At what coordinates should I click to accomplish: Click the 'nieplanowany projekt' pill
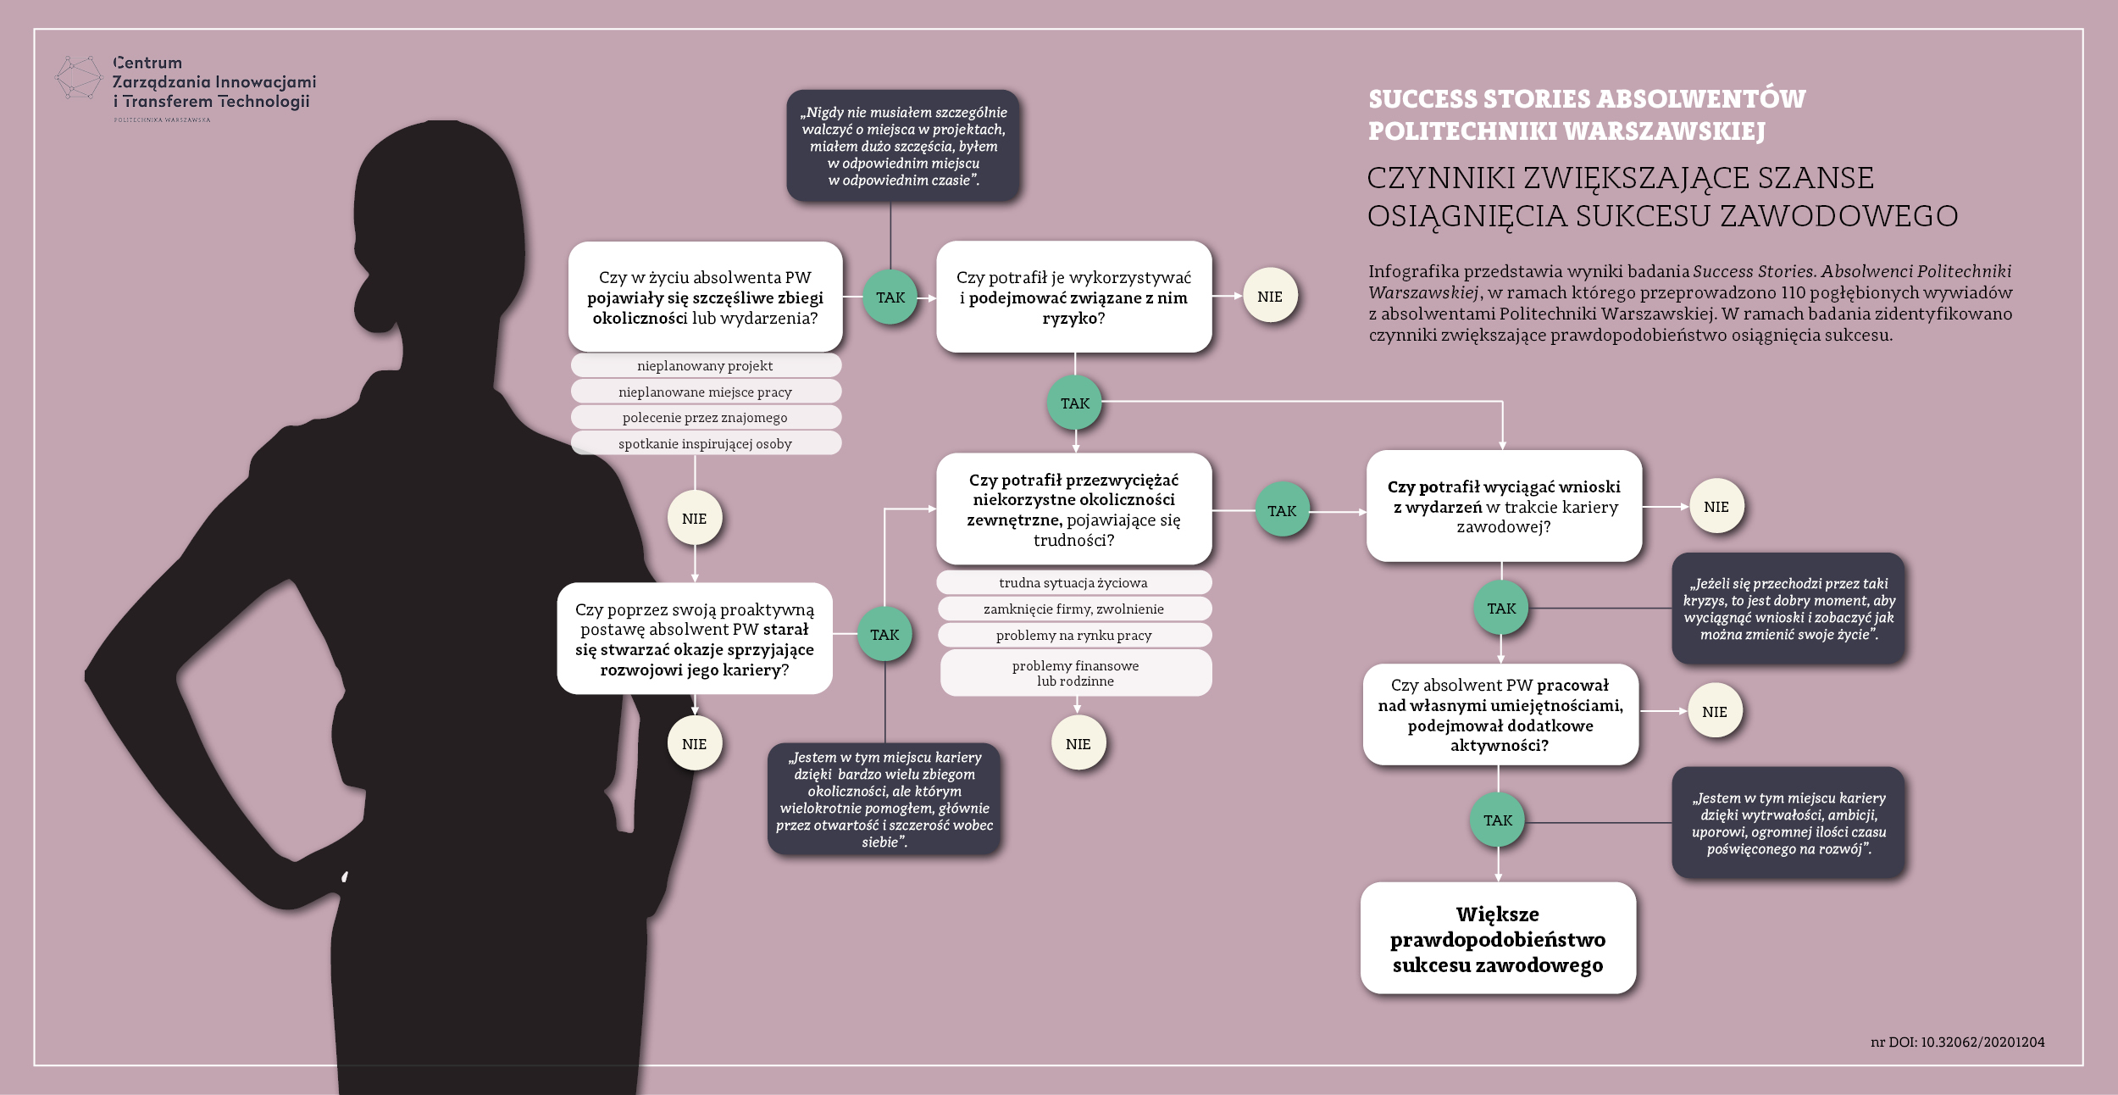click(x=706, y=365)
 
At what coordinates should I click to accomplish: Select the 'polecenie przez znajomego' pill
click(x=706, y=417)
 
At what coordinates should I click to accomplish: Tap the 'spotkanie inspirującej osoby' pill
click(x=706, y=443)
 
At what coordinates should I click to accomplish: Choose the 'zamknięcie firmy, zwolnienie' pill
click(x=1074, y=609)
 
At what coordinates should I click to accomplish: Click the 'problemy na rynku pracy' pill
click(x=1074, y=635)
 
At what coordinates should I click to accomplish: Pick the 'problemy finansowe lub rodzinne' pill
click(x=1076, y=673)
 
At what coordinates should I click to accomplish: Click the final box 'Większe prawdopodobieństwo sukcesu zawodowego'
click(x=1498, y=938)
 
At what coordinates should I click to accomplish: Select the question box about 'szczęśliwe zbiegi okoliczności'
click(x=706, y=297)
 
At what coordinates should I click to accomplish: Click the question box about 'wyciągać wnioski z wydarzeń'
click(x=1504, y=506)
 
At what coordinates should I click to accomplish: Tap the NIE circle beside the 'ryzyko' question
click(x=1270, y=296)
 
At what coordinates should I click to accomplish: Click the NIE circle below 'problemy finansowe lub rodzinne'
click(x=1078, y=743)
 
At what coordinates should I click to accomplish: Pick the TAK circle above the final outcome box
click(x=1498, y=820)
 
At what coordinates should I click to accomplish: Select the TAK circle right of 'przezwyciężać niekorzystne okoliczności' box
click(x=1282, y=510)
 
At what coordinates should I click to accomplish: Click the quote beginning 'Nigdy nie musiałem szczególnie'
click(x=903, y=146)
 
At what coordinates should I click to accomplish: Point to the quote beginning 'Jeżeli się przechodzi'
click(x=1788, y=609)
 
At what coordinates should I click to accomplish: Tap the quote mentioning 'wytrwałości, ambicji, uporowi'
click(x=1788, y=823)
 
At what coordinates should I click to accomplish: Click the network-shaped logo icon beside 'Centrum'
click(x=78, y=78)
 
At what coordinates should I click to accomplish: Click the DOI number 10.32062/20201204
click(x=1982, y=1042)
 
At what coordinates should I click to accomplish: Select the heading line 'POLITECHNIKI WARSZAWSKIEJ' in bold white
click(x=1566, y=131)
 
